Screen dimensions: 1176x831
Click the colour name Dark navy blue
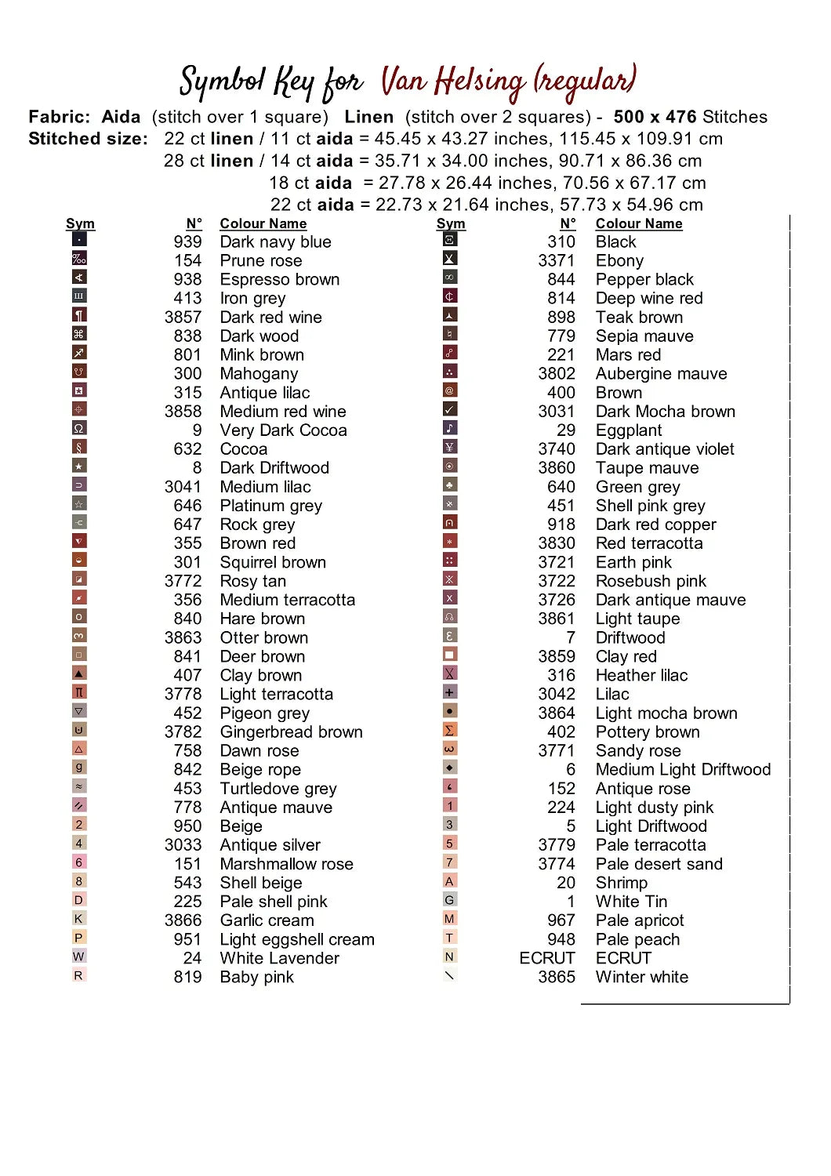click(275, 241)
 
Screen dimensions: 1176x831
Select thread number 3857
click(183, 317)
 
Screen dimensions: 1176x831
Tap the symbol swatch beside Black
click(450, 240)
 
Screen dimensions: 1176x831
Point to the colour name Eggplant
click(628, 430)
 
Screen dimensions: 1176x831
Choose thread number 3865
click(557, 977)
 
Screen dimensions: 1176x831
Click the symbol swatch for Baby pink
click(78, 975)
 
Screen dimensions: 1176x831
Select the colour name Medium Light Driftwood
click(683, 769)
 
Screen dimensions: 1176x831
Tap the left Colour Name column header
click(263, 223)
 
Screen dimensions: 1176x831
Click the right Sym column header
click(451, 223)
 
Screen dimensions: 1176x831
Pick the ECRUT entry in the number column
click(547, 958)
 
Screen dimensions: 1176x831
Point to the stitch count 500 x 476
click(655, 117)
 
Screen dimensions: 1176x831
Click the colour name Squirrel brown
click(273, 562)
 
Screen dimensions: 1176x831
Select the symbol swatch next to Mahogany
click(78, 372)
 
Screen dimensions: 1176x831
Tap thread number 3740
click(557, 449)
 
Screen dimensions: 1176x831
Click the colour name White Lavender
click(279, 958)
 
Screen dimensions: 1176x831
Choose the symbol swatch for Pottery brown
click(450, 730)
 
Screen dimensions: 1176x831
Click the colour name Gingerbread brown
click(291, 731)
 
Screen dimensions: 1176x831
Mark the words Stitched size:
click(88, 139)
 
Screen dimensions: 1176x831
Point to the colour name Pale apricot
click(639, 920)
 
